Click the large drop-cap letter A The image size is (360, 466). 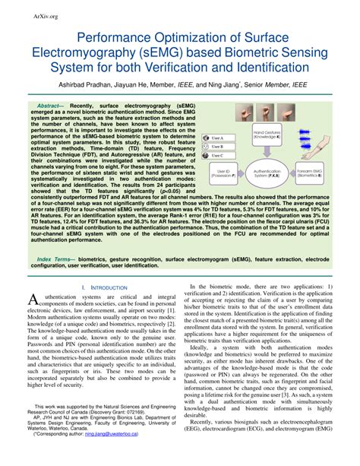32,300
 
